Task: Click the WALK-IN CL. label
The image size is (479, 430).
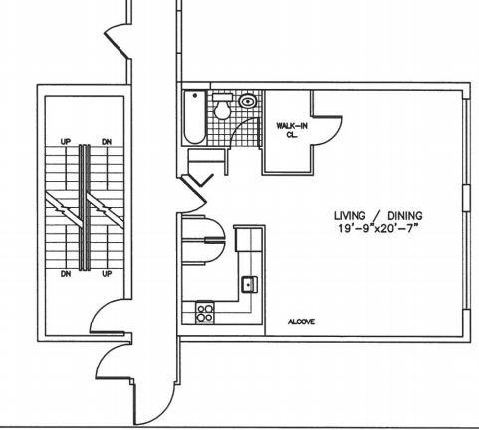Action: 287,130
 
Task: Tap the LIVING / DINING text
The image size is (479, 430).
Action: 377,216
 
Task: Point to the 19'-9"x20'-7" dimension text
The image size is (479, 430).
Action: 375,229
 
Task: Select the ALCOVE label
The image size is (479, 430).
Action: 301,322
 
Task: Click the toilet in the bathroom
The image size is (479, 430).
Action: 222,106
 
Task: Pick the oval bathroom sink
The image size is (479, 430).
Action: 247,101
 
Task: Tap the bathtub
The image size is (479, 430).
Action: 195,117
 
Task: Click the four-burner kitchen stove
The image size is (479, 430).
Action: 204,313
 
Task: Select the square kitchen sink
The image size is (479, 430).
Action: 249,284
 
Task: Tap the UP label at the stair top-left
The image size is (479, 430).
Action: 66,142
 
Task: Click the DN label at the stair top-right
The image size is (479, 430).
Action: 107,142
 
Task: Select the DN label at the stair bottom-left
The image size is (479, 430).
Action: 66,274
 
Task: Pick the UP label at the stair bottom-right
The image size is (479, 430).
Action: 107,274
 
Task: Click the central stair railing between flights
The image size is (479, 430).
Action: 85,207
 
